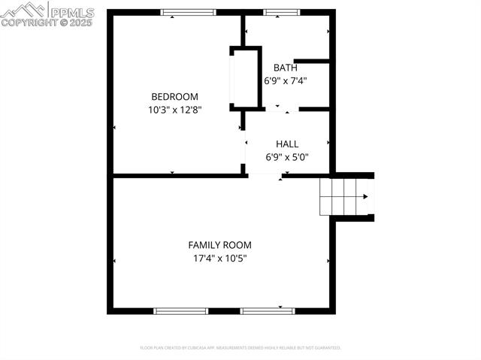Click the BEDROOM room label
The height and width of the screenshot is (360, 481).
coord(174,96)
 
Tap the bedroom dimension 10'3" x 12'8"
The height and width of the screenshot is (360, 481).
coord(174,109)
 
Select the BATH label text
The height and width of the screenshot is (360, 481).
coord(285,68)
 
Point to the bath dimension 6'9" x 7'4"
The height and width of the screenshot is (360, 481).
coord(285,80)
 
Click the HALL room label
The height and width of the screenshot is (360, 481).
coord(287,144)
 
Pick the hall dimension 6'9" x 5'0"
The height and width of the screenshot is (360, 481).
coord(287,157)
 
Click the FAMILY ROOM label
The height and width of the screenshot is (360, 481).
coord(219,245)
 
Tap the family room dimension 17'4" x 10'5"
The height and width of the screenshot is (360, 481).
coord(219,259)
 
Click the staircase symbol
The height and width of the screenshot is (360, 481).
coord(346,197)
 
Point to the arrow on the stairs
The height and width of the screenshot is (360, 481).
coord(365,197)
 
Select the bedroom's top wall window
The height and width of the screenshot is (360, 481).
coord(189,12)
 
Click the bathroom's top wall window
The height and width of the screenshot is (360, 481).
coord(280,12)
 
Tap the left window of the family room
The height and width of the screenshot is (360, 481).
coord(180,310)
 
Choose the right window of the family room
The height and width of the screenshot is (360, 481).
coord(268,310)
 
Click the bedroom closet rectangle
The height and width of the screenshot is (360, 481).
coord(245,78)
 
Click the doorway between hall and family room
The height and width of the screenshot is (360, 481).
coord(265,176)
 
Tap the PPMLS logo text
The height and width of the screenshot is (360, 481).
coord(71,11)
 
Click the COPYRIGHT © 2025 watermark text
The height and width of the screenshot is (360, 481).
coord(47,23)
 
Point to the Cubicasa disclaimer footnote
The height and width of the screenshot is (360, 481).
coord(240,348)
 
